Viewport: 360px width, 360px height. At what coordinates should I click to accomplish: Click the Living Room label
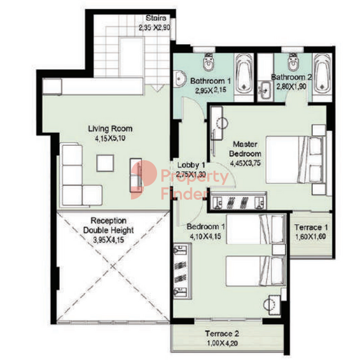click(x=110, y=128)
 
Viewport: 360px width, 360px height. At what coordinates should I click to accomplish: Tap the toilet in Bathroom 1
click(x=209, y=61)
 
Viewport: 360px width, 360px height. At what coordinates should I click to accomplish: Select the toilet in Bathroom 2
click(x=293, y=61)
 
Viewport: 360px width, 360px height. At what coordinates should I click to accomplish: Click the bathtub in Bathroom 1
click(x=243, y=74)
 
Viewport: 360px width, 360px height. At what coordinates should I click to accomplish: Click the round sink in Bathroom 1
click(x=179, y=79)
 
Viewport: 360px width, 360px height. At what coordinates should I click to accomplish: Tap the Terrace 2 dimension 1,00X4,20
click(x=222, y=343)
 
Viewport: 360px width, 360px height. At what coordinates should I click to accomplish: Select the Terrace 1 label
click(x=311, y=227)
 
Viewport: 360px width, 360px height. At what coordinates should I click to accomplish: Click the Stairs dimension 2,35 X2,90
click(x=155, y=27)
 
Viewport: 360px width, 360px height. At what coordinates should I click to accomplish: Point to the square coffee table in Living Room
click(x=105, y=163)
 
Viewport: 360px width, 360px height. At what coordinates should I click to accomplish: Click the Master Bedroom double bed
click(x=295, y=160)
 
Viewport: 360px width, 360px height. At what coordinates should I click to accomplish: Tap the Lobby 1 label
click(x=191, y=165)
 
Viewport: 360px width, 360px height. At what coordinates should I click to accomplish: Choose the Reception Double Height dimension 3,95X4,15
click(x=109, y=240)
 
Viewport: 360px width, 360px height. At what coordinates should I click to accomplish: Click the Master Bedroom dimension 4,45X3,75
click(x=245, y=163)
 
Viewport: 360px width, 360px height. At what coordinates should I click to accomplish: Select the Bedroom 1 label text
click(x=205, y=227)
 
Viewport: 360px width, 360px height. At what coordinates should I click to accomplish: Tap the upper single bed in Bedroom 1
click(x=256, y=229)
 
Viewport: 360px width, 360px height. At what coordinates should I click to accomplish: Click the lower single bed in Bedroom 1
click(x=256, y=271)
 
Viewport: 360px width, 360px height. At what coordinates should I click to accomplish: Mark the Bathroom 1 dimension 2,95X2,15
click(x=210, y=91)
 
